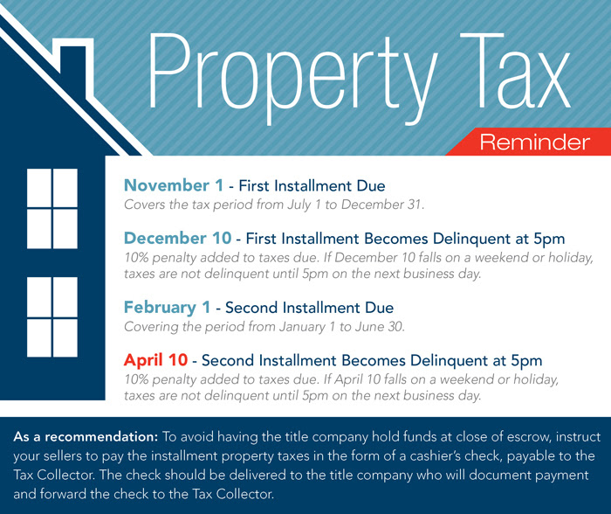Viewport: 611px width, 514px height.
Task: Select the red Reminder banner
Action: (528, 142)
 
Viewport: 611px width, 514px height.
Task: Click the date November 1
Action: (174, 185)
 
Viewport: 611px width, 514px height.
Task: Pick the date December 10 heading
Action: (178, 238)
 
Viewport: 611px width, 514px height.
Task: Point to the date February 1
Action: (168, 308)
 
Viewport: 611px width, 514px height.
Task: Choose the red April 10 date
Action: (156, 360)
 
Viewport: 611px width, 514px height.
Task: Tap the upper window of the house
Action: (52, 209)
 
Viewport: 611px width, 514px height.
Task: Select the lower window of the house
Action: (52, 317)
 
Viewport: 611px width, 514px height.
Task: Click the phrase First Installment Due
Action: (312, 186)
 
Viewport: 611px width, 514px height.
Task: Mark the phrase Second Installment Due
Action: (309, 308)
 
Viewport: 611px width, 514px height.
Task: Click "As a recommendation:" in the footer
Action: (86, 437)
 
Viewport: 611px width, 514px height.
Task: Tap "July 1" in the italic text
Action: (305, 205)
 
